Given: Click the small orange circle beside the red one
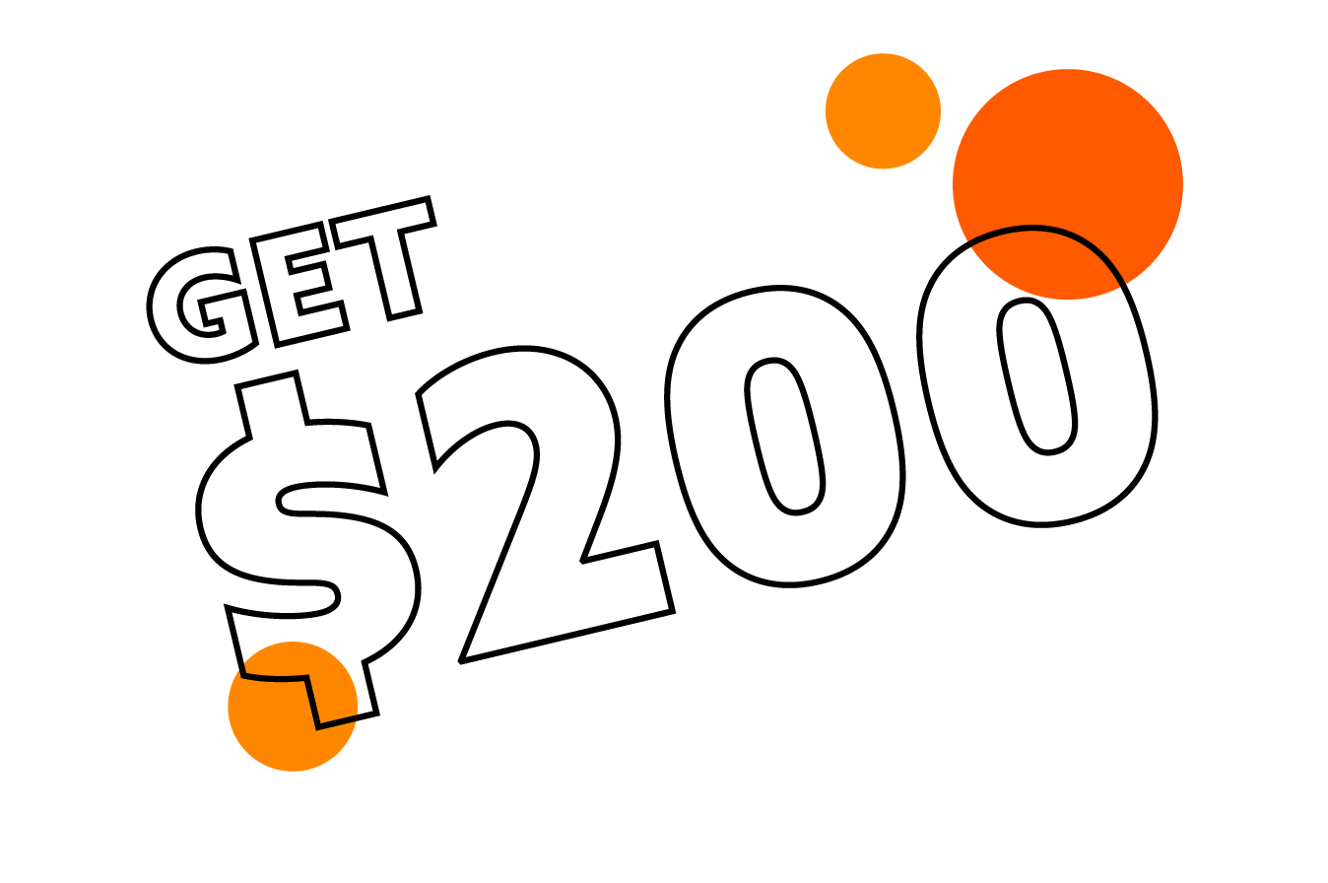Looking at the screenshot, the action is point(883,111).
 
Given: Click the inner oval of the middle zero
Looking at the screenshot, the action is point(785,437).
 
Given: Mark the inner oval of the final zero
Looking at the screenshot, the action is point(1037,376).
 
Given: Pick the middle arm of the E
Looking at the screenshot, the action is point(308,281).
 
